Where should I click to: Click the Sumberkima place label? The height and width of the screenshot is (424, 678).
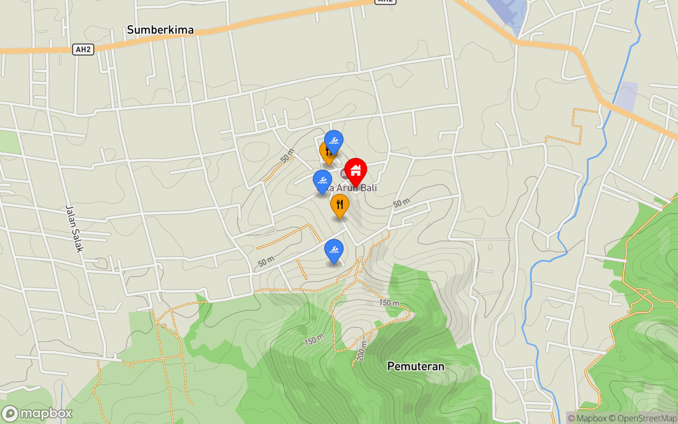coord(160,30)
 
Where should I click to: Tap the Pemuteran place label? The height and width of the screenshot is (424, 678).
coord(416,366)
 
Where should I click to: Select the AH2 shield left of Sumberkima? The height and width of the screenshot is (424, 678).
coord(83,50)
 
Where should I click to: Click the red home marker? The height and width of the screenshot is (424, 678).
coord(356,170)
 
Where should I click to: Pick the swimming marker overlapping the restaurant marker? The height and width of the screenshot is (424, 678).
coord(334,141)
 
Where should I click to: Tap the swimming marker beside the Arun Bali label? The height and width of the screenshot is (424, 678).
coord(322,181)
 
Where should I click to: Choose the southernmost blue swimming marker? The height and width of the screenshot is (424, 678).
coord(333,250)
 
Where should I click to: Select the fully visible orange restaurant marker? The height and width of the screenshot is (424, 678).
coord(339,205)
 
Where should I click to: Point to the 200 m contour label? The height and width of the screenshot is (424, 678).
coord(361,351)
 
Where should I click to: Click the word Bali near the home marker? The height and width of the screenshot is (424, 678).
coord(369,188)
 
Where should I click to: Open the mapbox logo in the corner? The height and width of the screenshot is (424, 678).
coord(37,413)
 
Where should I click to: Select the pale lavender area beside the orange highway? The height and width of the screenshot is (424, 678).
coord(626,96)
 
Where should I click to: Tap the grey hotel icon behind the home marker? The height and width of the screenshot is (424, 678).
coord(345,173)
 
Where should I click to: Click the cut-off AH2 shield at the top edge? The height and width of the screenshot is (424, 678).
coord(385,1)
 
